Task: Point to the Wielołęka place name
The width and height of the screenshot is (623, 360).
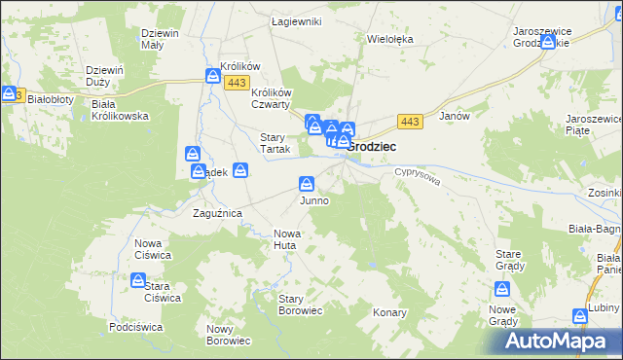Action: [x=390, y=40]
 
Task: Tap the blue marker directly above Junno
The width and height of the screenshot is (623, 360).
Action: [x=307, y=183]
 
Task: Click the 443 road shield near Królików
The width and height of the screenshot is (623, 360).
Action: [x=236, y=84]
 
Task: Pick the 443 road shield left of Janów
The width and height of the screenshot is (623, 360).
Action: [x=410, y=121]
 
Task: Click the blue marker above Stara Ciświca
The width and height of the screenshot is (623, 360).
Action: [x=138, y=280]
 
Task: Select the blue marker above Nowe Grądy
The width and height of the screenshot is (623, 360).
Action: [x=502, y=288]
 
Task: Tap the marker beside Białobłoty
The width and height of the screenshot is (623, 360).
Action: [x=9, y=93]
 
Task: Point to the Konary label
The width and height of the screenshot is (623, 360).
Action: [x=389, y=313]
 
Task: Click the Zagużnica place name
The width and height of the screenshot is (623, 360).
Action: [x=217, y=212]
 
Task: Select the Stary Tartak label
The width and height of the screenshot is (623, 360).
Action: [x=272, y=143]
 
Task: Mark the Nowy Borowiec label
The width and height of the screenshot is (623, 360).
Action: [x=229, y=335]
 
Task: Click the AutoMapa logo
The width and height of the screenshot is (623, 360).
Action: [x=559, y=341]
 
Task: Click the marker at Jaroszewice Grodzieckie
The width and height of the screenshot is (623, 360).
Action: [x=549, y=42]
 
